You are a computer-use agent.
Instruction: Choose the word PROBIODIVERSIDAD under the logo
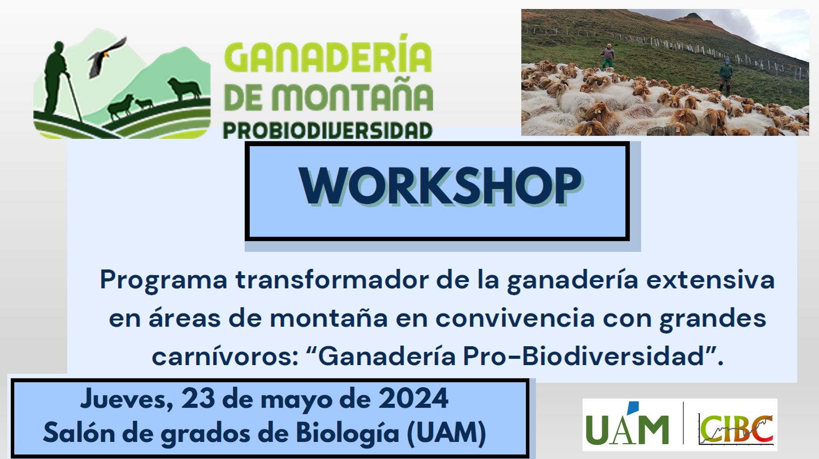click(x=328, y=131)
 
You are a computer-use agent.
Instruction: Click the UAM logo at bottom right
click(x=627, y=424)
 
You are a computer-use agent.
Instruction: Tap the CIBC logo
click(x=736, y=429)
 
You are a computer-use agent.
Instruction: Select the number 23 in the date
click(x=198, y=399)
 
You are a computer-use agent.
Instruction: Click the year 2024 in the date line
click(x=413, y=399)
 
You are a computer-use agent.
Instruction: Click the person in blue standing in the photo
click(x=725, y=75)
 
